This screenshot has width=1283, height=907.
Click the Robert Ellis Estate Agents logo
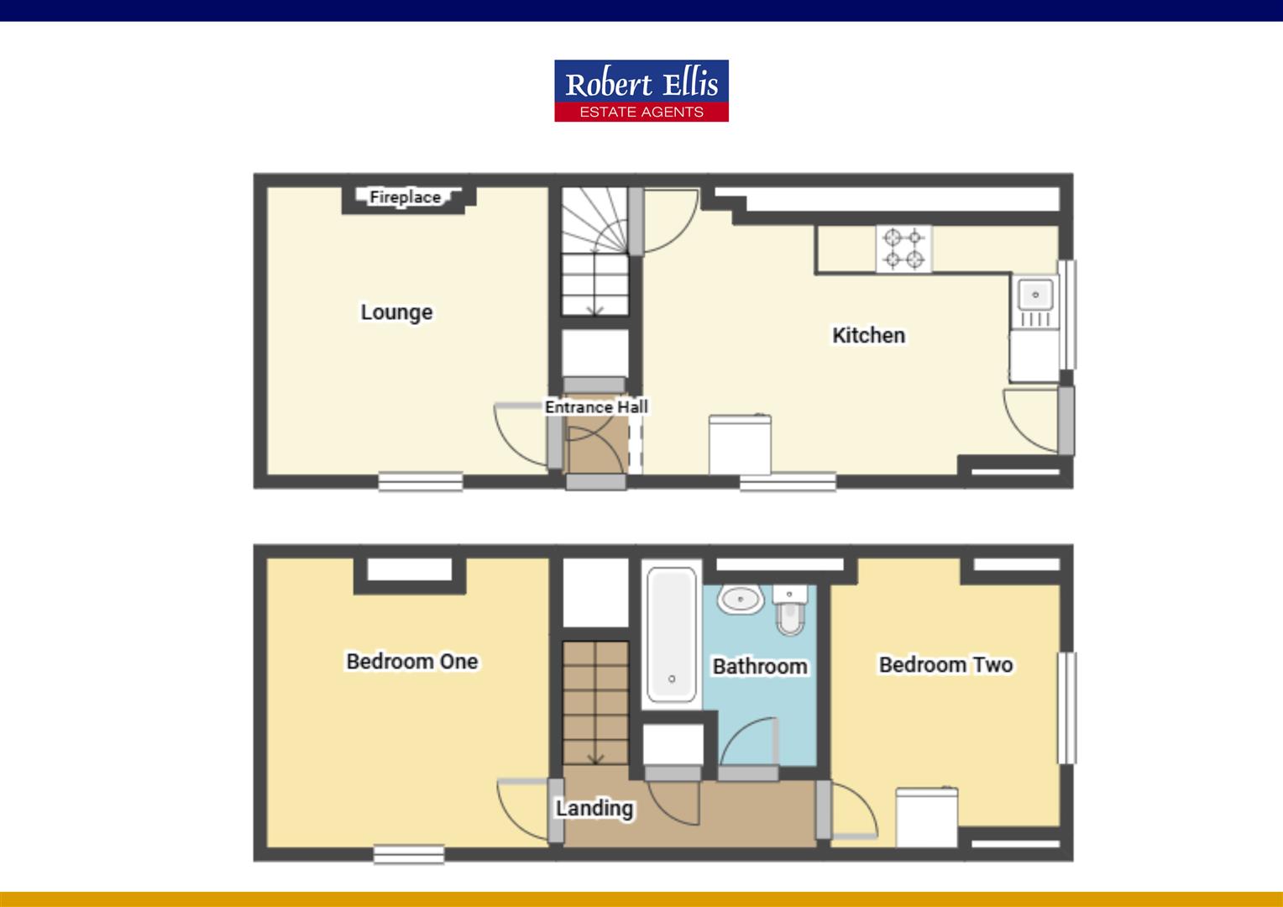pos(641,91)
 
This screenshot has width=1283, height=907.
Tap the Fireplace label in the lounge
pos(405,197)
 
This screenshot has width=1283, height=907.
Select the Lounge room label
pos(396,312)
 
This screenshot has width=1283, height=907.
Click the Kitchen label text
pos(868,336)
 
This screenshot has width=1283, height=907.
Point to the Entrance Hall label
pos(596,407)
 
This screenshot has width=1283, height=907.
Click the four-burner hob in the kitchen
pos(903,249)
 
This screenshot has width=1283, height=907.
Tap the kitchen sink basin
pos(1035,295)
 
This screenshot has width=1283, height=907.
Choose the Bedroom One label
pos(411,662)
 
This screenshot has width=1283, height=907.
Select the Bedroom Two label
pos(945,665)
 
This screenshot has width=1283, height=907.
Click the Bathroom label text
pos(760,667)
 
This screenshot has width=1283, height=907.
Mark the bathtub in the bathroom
pos(671,634)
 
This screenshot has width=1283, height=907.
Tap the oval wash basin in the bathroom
pos(740,600)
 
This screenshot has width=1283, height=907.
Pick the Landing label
pos(594,809)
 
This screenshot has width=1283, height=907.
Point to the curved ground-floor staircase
pos(594,252)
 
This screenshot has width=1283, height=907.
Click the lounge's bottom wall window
pos(420,481)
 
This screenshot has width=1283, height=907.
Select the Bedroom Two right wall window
pos(1066,708)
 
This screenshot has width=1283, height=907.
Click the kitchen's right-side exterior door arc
pos(1030,420)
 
